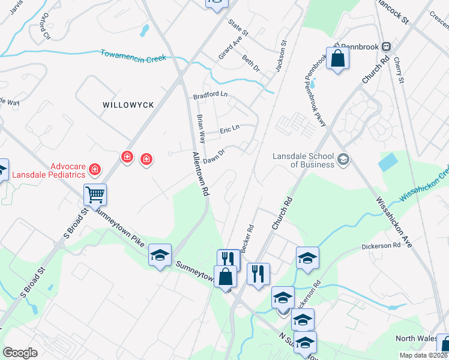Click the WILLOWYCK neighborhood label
pos(128,104)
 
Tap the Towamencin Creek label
pos(133,56)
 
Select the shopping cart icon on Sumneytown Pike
pos(95,194)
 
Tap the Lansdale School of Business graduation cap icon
pos(343,159)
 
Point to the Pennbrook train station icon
pos(387,46)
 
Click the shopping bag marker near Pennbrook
pos(338,59)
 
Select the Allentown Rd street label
pos(200,174)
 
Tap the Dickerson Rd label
pos(381,246)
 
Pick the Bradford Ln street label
pos(210,95)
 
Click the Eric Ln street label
pos(229,128)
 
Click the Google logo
pos(20,352)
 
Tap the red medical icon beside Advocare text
pos(94,170)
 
